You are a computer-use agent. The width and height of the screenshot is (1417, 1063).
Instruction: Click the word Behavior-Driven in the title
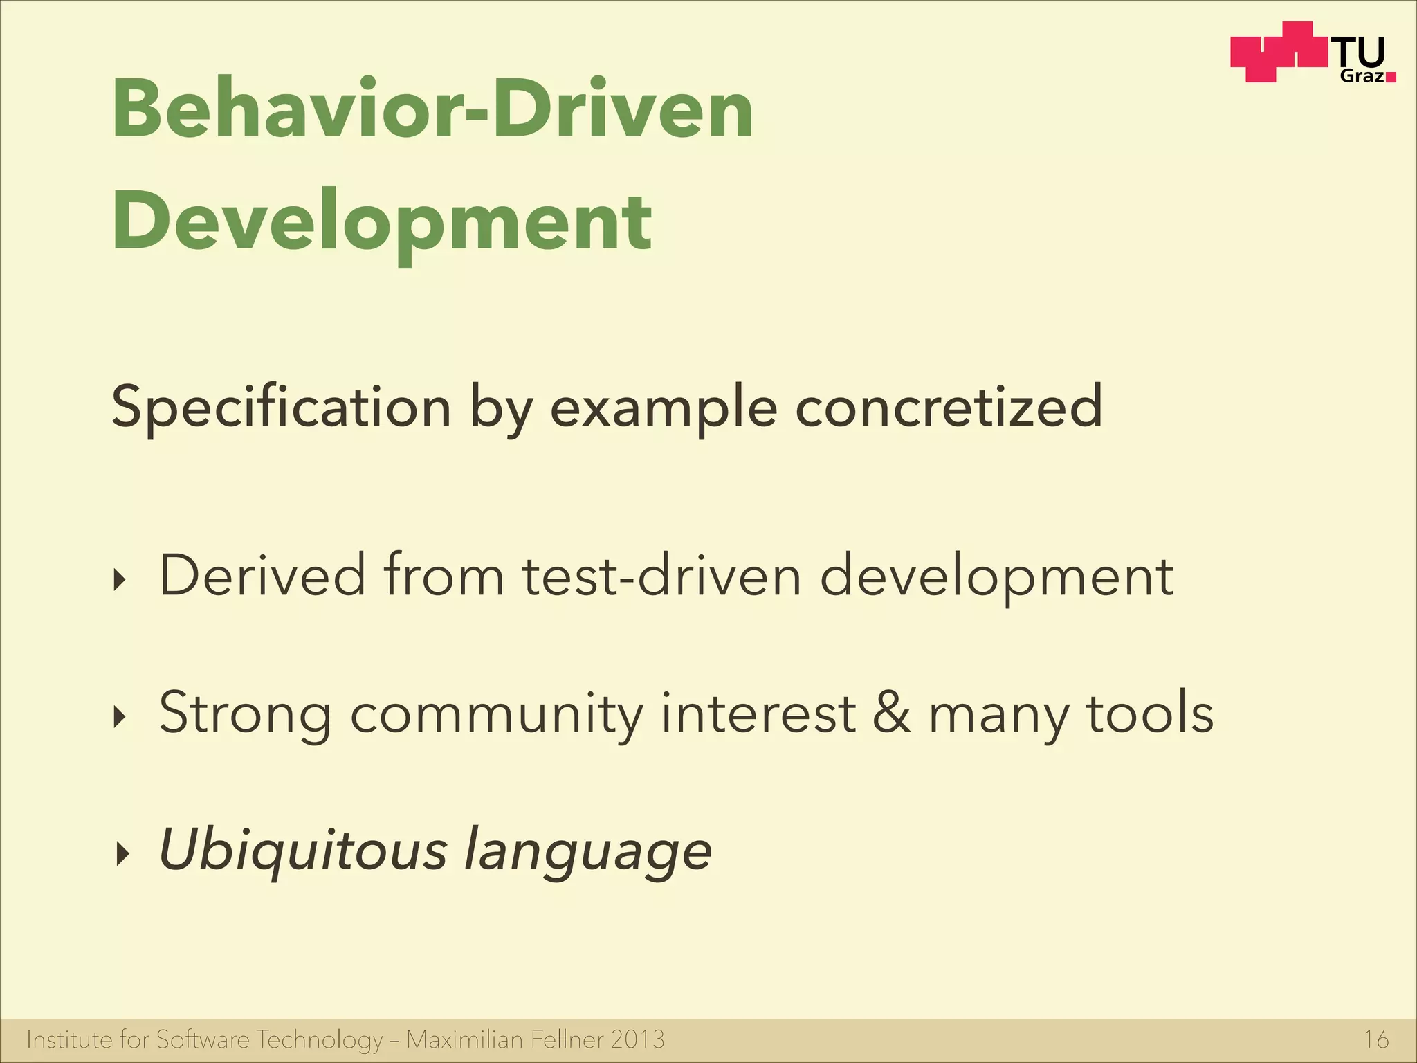coord(432,109)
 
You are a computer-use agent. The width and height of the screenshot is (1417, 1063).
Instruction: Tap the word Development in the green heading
coord(382,221)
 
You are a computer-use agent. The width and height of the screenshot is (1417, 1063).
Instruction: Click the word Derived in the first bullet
coord(262,575)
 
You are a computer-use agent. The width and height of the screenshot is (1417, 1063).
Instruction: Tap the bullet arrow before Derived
coord(121,580)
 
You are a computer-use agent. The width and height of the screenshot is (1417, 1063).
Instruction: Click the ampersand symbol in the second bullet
coord(891,713)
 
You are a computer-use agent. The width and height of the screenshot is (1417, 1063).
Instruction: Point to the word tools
coord(1149,713)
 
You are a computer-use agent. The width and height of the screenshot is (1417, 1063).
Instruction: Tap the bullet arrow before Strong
coord(121,718)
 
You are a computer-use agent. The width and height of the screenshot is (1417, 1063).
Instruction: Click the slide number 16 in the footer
coord(1375,1039)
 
